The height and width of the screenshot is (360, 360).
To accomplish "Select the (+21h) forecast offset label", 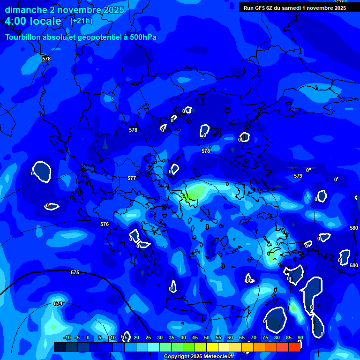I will point(81,21).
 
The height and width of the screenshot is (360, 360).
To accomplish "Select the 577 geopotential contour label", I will point(132,179).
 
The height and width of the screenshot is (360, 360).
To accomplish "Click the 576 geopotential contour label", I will point(105,225).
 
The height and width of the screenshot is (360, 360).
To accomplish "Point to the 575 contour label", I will point(75,272).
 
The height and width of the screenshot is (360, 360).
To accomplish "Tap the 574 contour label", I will point(58,304).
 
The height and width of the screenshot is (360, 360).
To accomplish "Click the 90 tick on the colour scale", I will point(300,338).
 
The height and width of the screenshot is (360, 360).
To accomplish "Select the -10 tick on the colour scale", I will point(67,338).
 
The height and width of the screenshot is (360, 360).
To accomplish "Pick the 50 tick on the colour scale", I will point(207,338).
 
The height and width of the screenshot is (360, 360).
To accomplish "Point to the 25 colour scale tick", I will point(148,338).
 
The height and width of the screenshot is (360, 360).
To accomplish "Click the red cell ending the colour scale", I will point(294,347).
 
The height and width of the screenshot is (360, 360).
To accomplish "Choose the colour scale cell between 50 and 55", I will point(212,347).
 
